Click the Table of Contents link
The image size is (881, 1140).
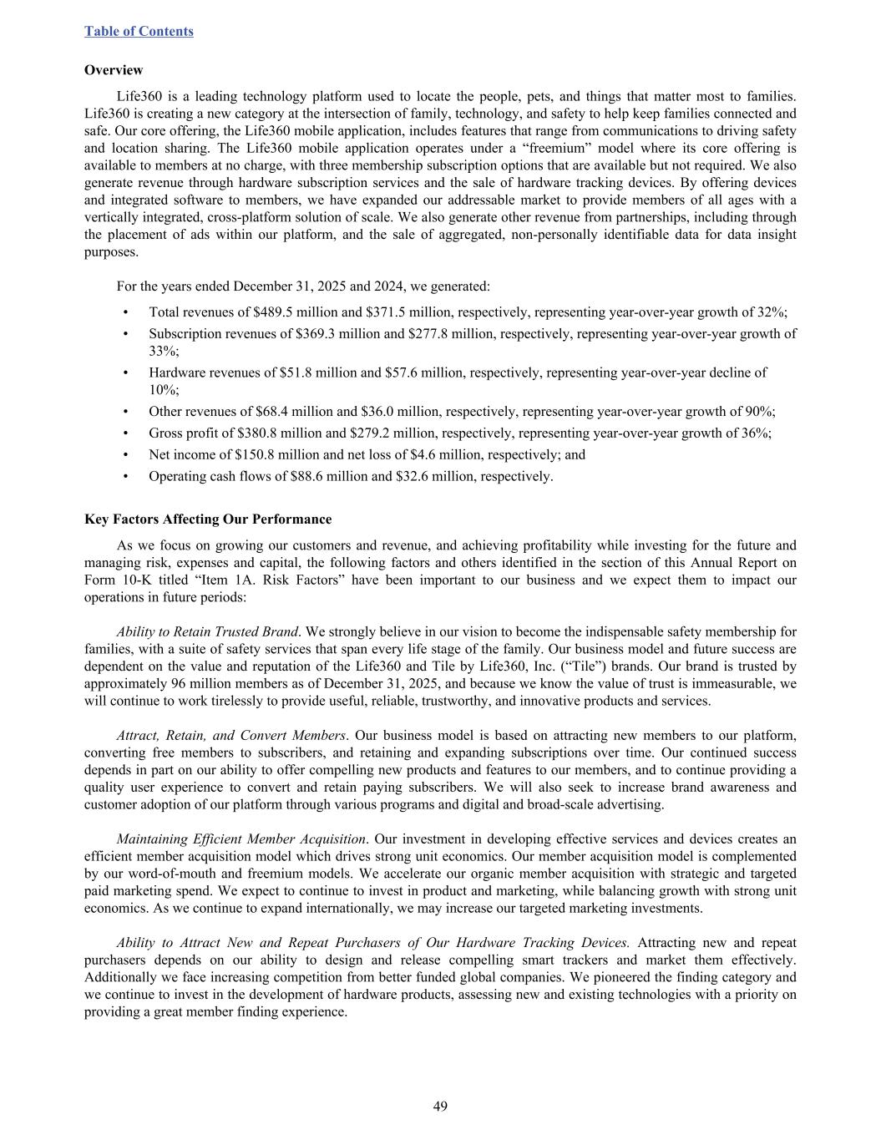coord(139,31)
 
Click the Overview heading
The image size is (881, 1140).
coord(114,70)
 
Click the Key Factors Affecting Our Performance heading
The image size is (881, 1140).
coord(208,519)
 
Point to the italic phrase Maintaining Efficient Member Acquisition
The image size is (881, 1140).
coord(241,839)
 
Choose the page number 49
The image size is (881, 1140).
coord(440,1107)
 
